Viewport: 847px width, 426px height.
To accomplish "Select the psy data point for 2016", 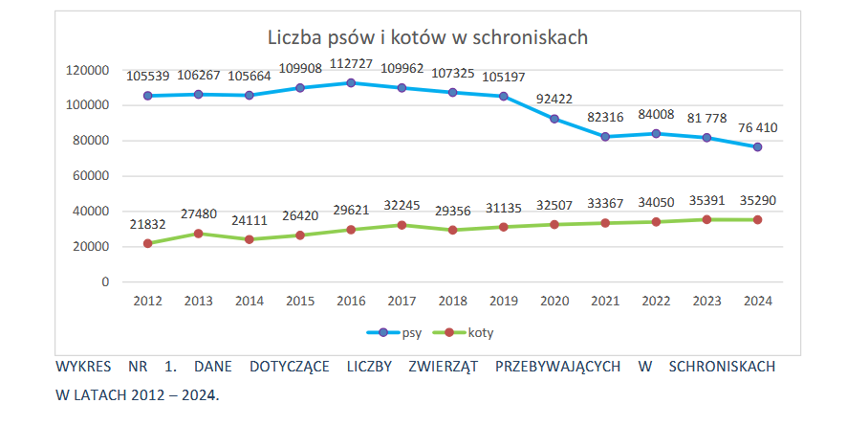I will tap(351, 83).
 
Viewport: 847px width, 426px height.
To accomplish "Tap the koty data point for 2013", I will tap(198, 234).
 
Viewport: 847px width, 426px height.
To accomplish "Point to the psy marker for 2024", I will tap(757, 147).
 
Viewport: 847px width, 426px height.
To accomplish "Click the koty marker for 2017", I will tap(402, 225).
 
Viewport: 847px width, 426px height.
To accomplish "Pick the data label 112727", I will tap(351, 66).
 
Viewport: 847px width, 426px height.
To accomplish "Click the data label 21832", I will tap(147, 224).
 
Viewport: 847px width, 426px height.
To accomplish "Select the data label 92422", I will tap(554, 98).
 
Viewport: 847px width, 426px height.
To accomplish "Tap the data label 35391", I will tap(706, 201).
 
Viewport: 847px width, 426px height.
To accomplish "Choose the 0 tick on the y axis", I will tap(106, 282).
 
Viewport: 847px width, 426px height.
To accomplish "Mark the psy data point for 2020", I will tap(554, 119).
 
